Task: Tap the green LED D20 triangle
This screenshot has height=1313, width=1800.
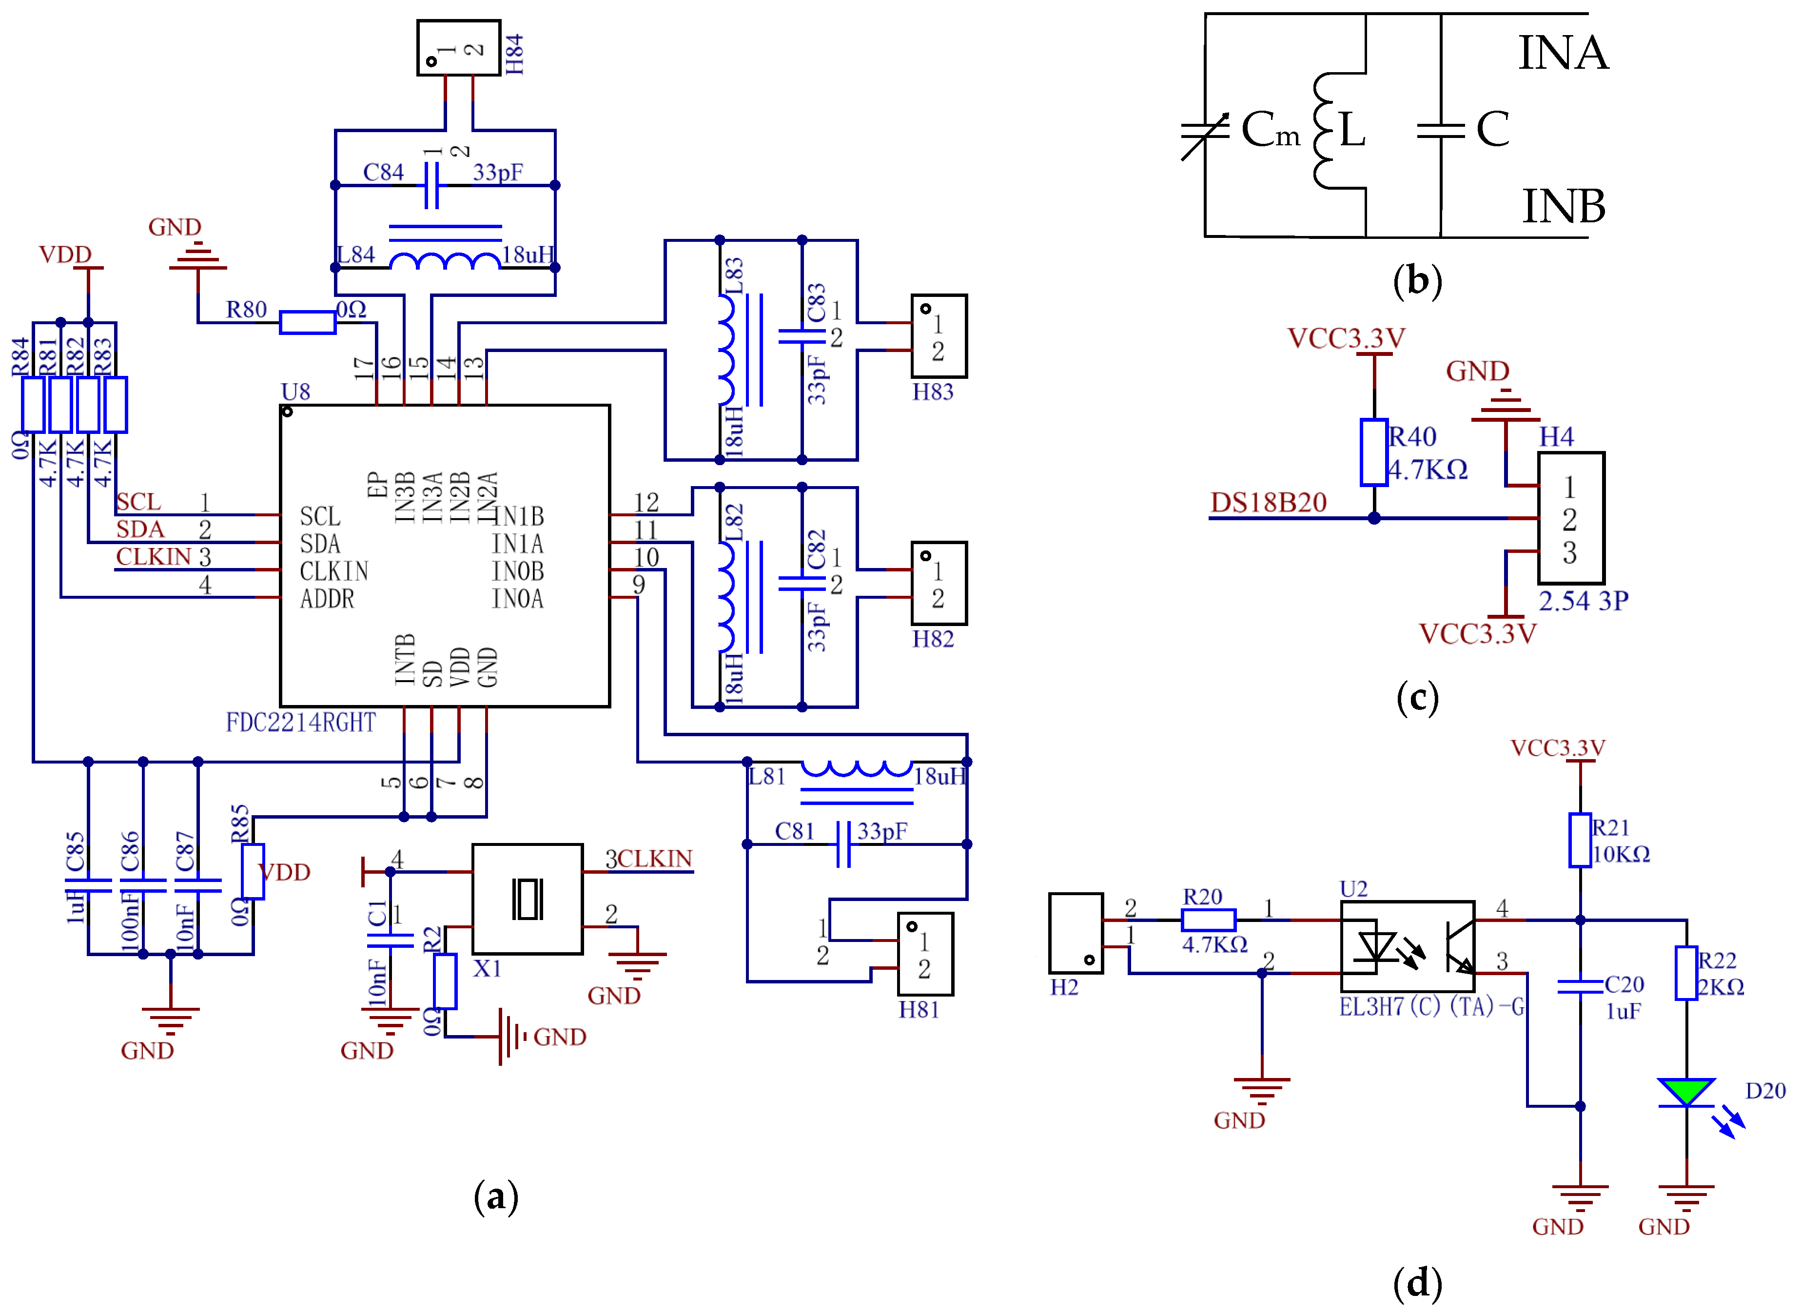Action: (x=1685, y=1091)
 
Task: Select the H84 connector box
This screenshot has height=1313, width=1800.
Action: (x=459, y=48)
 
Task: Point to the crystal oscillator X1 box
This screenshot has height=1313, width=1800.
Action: (x=527, y=899)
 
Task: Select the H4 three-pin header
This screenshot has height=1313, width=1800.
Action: (x=1570, y=518)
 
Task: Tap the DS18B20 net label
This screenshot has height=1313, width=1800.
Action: (x=1269, y=502)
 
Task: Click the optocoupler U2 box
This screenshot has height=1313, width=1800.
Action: (x=1408, y=946)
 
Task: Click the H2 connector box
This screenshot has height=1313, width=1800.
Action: (x=1075, y=932)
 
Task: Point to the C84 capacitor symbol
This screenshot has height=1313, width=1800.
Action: (x=431, y=185)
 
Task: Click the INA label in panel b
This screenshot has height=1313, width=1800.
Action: (x=1563, y=53)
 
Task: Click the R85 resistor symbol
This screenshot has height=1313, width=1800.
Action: (x=253, y=871)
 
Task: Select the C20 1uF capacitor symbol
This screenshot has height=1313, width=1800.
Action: (x=1579, y=985)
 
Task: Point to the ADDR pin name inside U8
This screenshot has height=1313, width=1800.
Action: (x=327, y=598)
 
